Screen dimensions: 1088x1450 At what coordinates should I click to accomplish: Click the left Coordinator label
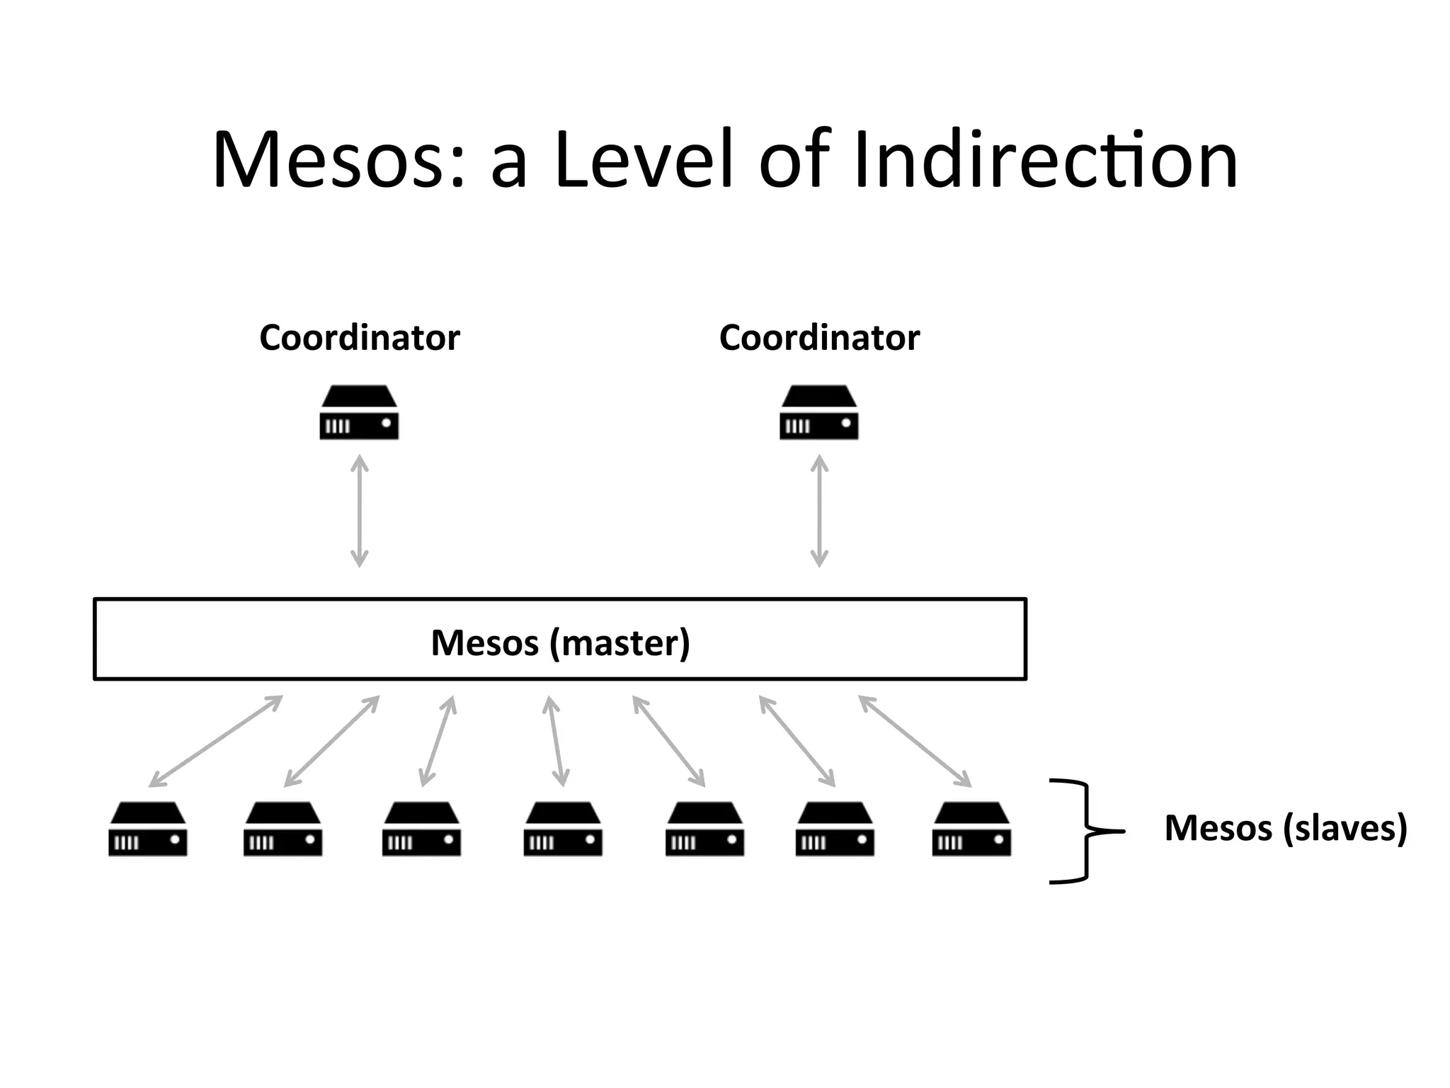point(360,338)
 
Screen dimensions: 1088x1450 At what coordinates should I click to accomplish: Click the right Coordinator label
point(819,338)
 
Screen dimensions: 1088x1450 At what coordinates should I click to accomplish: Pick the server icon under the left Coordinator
point(359,413)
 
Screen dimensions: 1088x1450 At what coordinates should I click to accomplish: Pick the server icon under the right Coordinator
point(819,413)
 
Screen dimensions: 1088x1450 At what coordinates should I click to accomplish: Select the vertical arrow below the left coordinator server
point(360,511)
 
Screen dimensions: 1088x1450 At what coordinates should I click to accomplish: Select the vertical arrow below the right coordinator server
point(819,511)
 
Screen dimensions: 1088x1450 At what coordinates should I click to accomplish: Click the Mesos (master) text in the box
point(560,642)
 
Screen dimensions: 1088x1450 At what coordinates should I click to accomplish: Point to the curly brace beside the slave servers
point(1083,831)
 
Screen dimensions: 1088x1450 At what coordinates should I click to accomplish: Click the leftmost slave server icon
point(148,829)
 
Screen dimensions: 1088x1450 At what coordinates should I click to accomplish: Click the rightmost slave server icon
point(971,829)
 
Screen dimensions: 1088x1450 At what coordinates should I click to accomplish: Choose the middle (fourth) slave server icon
point(563,829)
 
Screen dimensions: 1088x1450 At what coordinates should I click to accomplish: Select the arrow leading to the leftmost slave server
point(216,741)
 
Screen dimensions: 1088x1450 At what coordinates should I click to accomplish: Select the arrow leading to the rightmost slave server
point(915,741)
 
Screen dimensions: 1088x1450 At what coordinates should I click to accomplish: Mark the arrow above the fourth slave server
point(556,741)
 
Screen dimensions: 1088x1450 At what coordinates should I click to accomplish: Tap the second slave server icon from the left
point(283,829)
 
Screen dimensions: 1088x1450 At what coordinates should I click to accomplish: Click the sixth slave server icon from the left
point(835,829)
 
